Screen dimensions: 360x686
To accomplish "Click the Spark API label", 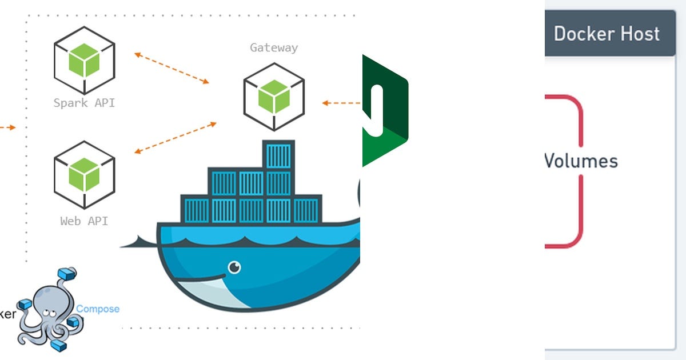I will [84, 103].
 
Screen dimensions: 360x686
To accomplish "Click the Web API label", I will [84, 221].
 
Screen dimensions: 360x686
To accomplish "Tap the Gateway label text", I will [274, 48].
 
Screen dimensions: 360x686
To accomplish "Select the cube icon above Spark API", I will [85, 60].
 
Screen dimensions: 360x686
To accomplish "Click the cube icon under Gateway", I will [274, 96].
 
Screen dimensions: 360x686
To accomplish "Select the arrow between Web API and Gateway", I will [176, 137].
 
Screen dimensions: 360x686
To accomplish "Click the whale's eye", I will [234, 267].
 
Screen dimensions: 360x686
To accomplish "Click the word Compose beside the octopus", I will [98, 309].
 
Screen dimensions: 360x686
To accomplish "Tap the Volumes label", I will [581, 161].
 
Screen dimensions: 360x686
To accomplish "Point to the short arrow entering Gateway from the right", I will [341, 103].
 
